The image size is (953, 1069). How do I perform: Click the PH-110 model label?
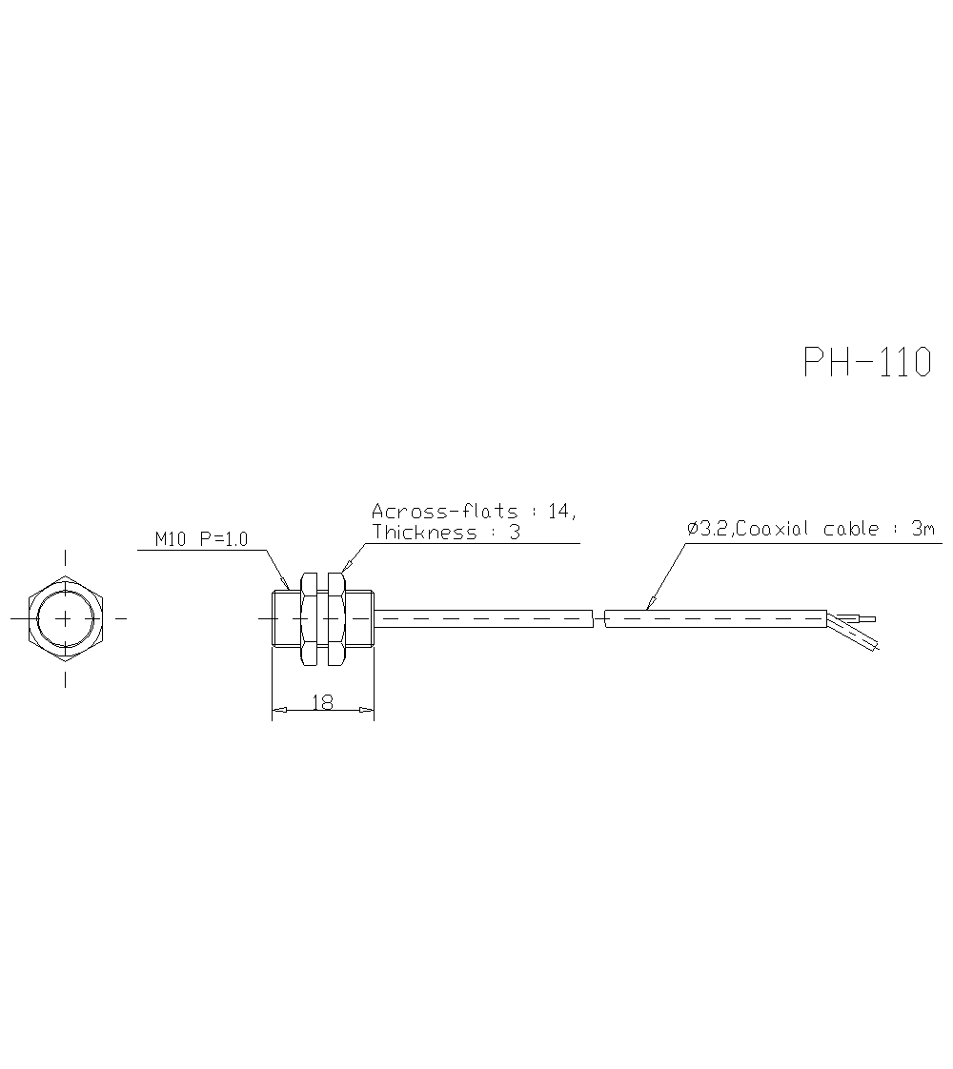pyautogui.click(x=866, y=362)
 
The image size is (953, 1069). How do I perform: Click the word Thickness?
pyautogui.click(x=424, y=533)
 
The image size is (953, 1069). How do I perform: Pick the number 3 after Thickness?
pyautogui.click(x=515, y=533)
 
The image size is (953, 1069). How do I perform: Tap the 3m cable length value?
pyautogui.click(x=923, y=529)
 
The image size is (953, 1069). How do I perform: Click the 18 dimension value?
pyautogui.click(x=322, y=702)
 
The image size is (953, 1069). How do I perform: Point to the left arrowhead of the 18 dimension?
pyautogui.click(x=279, y=710)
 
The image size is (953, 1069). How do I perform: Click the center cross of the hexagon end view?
pyautogui.click(x=65, y=618)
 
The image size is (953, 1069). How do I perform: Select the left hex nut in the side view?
pyautogui.click(x=309, y=618)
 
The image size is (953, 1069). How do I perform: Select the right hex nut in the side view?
pyautogui.click(x=335, y=618)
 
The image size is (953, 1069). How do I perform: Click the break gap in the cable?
pyautogui.click(x=598, y=619)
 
